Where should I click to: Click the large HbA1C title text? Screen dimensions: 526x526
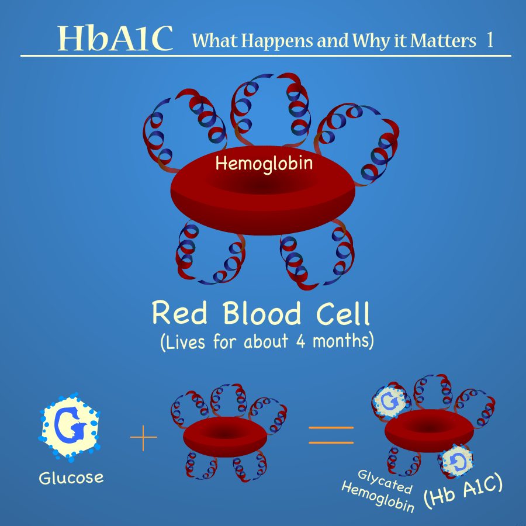point(115,39)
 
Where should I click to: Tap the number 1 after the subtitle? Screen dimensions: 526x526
point(489,40)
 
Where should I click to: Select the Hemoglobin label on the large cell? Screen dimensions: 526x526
point(264,164)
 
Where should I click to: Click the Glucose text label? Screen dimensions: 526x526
point(71,477)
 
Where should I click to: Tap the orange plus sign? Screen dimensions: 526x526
point(144,438)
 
